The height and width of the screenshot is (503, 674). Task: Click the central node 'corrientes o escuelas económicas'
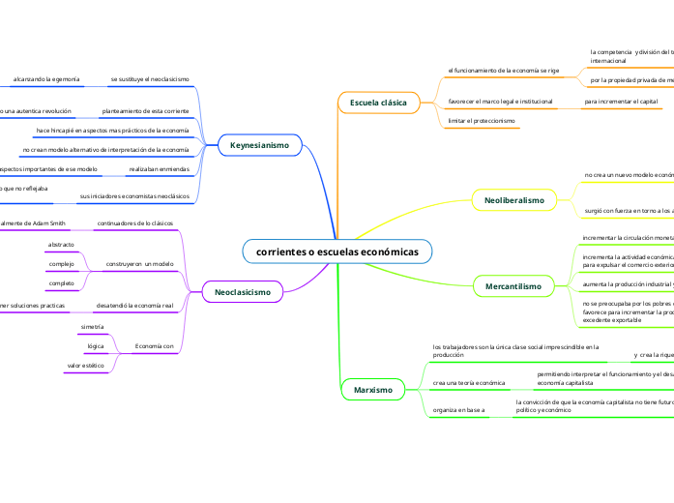[337, 251]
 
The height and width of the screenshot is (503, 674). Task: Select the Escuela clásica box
[378, 102]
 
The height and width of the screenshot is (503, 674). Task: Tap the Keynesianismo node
[259, 144]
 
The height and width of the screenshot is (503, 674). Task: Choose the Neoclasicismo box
[242, 290]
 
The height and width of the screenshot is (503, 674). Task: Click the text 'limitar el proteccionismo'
[482, 121]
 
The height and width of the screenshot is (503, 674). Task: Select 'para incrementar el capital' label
[622, 101]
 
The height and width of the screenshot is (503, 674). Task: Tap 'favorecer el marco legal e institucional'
[501, 101]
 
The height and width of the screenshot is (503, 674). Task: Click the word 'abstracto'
[61, 245]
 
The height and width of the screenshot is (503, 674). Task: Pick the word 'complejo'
[61, 264]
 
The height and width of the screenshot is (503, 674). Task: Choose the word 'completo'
[61, 283]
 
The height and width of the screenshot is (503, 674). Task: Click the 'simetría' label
[93, 328]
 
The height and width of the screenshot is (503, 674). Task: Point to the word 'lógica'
[96, 346]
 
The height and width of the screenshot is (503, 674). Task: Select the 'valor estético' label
[86, 366]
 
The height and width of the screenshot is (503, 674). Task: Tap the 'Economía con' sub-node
[155, 345]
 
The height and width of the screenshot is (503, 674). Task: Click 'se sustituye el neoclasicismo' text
[150, 77]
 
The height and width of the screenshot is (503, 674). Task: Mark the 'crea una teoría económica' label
[469, 383]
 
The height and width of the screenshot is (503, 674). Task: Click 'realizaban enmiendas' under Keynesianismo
[159, 168]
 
